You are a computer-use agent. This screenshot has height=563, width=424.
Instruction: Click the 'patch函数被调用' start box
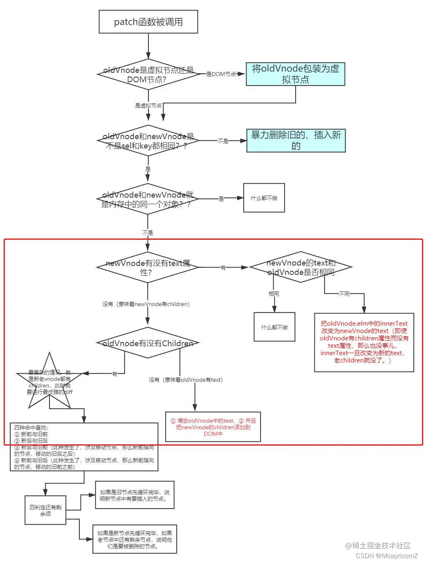148,22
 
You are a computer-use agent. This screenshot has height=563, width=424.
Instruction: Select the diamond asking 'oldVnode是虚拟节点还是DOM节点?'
148,74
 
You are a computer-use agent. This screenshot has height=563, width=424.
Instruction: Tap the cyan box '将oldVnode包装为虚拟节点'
295,74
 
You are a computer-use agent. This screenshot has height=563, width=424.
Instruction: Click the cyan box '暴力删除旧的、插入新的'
296,140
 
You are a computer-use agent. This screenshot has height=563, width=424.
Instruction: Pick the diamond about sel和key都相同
148,141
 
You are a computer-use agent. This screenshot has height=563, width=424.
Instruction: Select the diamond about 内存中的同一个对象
148,199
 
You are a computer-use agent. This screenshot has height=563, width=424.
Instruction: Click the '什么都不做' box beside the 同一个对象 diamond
264,198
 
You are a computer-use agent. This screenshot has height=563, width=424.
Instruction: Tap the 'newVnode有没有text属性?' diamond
148,267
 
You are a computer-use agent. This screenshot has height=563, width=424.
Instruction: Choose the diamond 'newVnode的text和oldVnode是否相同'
301,267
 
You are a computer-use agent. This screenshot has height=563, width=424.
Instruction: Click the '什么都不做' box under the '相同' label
274,327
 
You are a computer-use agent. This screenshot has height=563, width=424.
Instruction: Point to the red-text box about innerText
364,342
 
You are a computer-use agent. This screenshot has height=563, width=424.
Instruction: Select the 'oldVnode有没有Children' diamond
148,343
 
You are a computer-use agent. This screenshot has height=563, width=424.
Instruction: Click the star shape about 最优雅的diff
49,382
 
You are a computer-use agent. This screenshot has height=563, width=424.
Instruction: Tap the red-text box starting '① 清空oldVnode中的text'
213,427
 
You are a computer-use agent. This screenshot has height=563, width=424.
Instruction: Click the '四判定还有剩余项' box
45,510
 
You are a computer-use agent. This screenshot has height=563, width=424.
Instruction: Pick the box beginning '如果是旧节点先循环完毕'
135,495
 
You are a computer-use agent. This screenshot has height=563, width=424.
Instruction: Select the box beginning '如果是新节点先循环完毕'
135,539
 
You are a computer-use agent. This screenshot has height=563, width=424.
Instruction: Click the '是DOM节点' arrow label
221,74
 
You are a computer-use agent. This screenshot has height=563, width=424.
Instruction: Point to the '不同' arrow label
344,294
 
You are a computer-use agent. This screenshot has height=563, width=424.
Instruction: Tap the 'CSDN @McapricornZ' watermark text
386,556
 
